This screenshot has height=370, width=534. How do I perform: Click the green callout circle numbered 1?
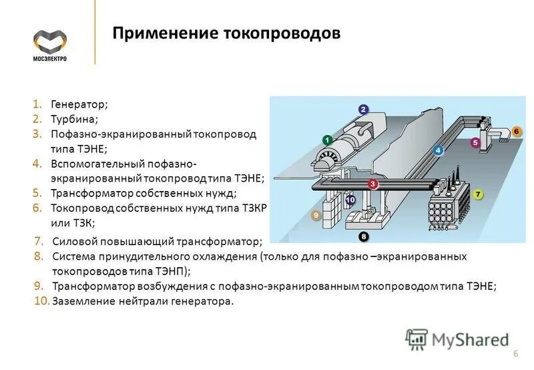tap(327, 140)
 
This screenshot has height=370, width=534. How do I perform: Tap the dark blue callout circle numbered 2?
tap(363, 110)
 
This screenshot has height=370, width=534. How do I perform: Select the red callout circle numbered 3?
tap(373, 184)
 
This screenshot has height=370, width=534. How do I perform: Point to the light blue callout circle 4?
tap(438, 150)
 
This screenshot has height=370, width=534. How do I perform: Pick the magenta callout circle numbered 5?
tap(475, 142)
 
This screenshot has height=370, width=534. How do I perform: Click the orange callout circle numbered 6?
tap(516, 132)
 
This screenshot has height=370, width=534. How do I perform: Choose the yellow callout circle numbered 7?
tap(477, 194)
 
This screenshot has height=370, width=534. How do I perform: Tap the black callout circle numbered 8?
tap(363, 236)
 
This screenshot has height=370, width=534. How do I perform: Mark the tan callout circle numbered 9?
tap(316, 216)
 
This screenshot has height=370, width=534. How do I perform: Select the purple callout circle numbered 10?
tap(350, 199)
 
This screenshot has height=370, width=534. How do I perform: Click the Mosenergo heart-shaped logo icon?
tap(50, 42)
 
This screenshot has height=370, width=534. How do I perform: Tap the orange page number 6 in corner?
tap(515, 353)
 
